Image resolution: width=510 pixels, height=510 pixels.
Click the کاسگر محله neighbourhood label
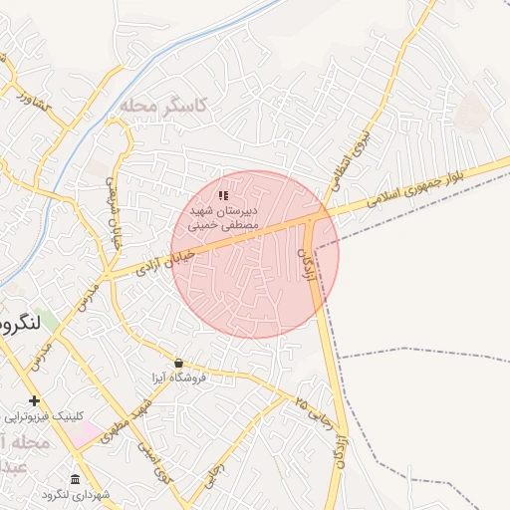tap(161, 105)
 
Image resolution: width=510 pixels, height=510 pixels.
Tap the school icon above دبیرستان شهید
tap(223, 195)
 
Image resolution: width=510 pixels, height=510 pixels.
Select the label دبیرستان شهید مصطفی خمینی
tap(216, 218)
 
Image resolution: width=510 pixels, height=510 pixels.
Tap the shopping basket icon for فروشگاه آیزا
tap(178, 363)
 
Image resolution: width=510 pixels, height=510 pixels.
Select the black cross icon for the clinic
tap(35, 400)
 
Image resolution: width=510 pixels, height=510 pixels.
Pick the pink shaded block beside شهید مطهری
tap(86, 434)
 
